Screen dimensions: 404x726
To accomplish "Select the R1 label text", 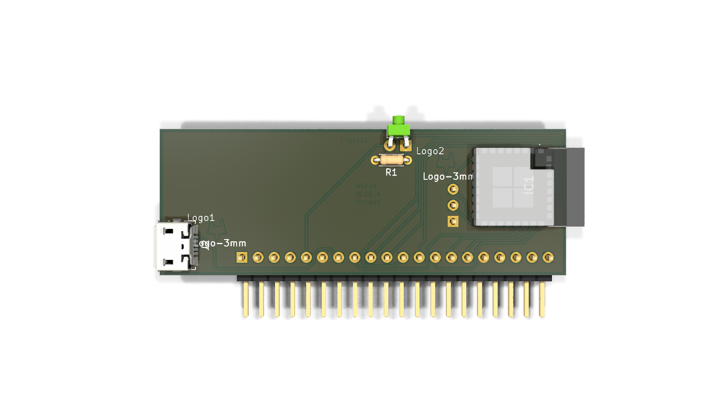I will (x=391, y=173).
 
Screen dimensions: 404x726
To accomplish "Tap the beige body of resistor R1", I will (x=392, y=160).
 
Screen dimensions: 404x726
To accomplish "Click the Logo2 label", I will (x=430, y=151).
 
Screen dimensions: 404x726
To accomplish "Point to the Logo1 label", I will (x=201, y=218).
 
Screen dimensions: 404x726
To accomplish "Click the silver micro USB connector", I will (x=173, y=246).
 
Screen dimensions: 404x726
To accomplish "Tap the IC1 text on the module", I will (x=529, y=185).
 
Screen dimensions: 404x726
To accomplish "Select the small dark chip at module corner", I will (x=541, y=158).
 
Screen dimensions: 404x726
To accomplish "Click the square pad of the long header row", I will (x=242, y=257).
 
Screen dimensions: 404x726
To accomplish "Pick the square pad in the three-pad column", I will (x=453, y=221).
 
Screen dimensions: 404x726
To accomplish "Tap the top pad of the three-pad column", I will (x=453, y=189).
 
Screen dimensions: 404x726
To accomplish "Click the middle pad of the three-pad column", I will (x=453, y=205).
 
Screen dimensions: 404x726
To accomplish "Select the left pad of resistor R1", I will (x=376, y=160).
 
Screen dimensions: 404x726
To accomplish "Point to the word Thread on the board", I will (x=369, y=202).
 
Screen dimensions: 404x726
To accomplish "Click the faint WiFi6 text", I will (x=367, y=186).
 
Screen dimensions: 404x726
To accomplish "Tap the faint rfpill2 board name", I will (x=354, y=141).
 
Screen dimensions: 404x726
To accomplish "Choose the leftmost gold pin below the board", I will (x=246, y=299).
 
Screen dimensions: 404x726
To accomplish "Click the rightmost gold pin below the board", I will (x=542, y=299).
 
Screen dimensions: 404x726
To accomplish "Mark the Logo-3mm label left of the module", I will (x=448, y=177).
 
